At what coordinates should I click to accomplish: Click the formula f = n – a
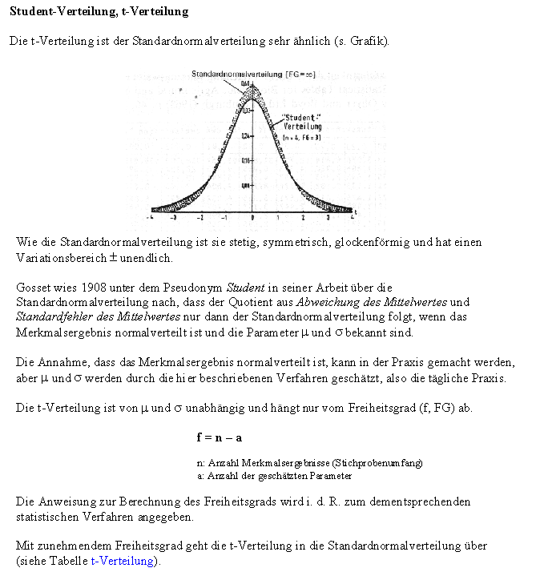coord(219,437)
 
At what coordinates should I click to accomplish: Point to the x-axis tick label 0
coord(252,218)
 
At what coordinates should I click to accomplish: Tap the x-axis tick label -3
coord(174,218)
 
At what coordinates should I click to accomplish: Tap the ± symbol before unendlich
coord(99,258)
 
